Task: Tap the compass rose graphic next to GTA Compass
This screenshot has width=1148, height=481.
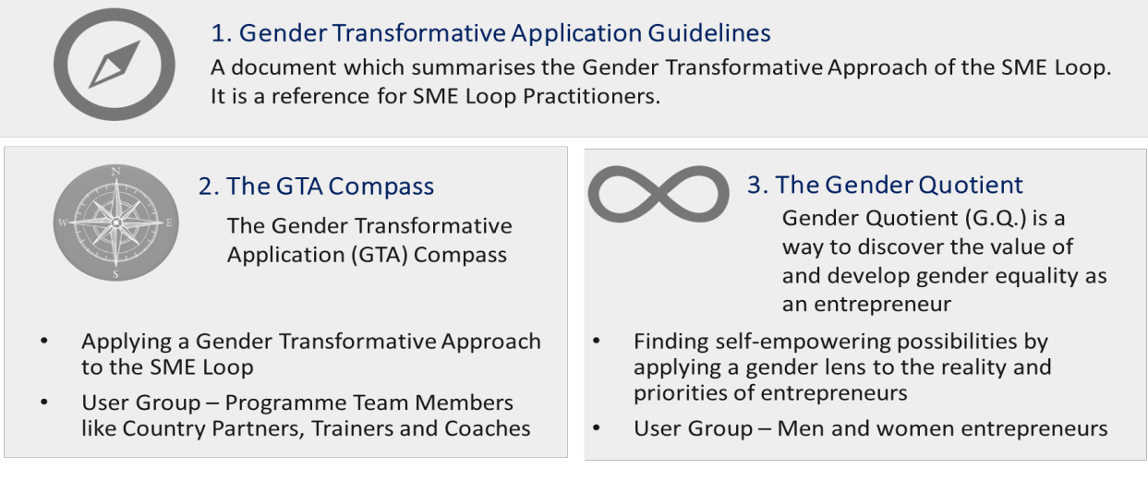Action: point(115,222)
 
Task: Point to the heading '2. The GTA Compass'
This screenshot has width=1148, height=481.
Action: point(316,186)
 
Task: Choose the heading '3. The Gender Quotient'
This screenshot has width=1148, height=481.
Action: point(884,185)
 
